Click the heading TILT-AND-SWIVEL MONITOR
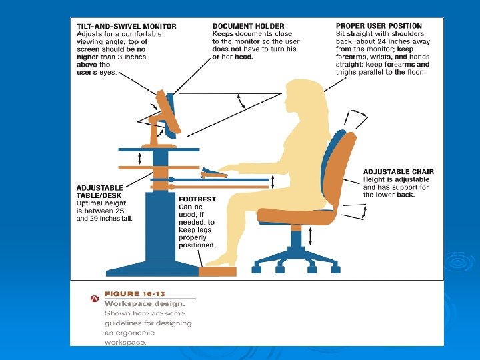click(x=127, y=26)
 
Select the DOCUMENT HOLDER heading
click(x=248, y=26)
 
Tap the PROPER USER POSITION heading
click(x=379, y=26)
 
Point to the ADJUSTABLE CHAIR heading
click(x=399, y=172)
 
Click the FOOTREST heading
click(x=197, y=199)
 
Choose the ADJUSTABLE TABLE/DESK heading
click(x=100, y=191)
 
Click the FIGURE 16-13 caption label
click(x=135, y=294)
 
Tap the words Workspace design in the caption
click(x=145, y=304)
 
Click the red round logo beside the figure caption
click(x=95, y=299)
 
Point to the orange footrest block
click(x=217, y=271)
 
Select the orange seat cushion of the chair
click(x=296, y=216)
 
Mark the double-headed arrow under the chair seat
click(x=310, y=236)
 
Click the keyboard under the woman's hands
click(x=214, y=173)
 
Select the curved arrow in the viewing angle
click(x=241, y=101)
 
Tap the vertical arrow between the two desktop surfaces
click(x=139, y=159)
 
